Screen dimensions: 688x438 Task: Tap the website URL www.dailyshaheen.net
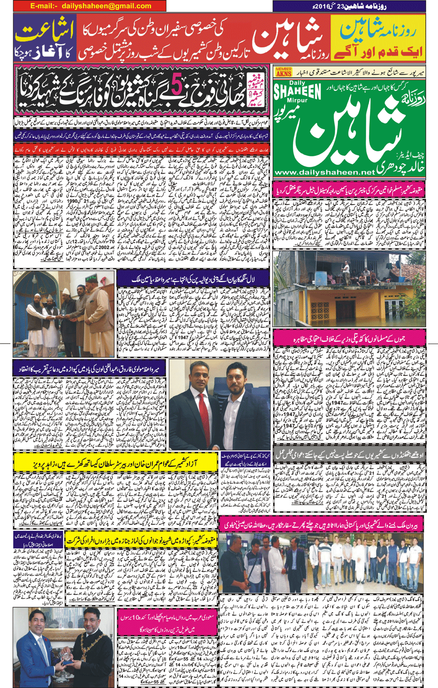325,172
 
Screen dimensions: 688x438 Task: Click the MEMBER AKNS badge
283,71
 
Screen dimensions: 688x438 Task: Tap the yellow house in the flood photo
336,308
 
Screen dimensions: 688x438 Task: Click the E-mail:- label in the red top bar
44,6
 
